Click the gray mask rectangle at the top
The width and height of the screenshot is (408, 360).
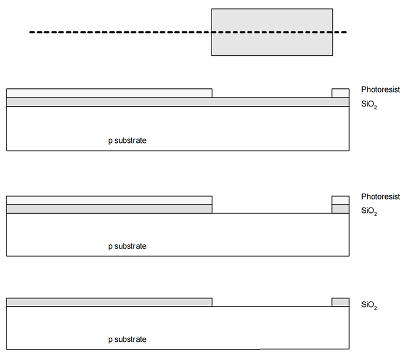(272, 32)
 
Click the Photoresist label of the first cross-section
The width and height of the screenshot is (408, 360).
(380, 89)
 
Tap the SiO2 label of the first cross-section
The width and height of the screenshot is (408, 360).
(369, 104)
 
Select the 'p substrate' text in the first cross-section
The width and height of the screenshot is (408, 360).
(127, 141)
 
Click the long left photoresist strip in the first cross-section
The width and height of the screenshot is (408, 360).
(109, 93)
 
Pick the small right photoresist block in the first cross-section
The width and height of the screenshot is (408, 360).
(340, 93)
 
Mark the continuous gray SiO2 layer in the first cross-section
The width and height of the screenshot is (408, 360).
(178, 102)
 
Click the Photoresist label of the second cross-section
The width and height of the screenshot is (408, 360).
(380, 196)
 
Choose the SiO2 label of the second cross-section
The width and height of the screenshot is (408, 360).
(369, 211)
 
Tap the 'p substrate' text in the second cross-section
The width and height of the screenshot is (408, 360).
(127, 246)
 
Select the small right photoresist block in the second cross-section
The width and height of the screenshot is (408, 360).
(340, 201)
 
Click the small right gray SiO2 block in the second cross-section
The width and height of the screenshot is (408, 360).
(340, 209)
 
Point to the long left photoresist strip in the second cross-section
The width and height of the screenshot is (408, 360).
(109, 201)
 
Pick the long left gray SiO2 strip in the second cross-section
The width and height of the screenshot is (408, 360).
(109, 209)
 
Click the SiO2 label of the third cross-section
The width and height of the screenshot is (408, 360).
(369, 305)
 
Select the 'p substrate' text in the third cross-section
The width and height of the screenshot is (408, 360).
(127, 339)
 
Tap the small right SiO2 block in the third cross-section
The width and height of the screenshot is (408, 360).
(340, 302)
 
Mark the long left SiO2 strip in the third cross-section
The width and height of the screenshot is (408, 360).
(109, 302)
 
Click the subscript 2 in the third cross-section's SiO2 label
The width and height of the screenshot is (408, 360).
(376, 308)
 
